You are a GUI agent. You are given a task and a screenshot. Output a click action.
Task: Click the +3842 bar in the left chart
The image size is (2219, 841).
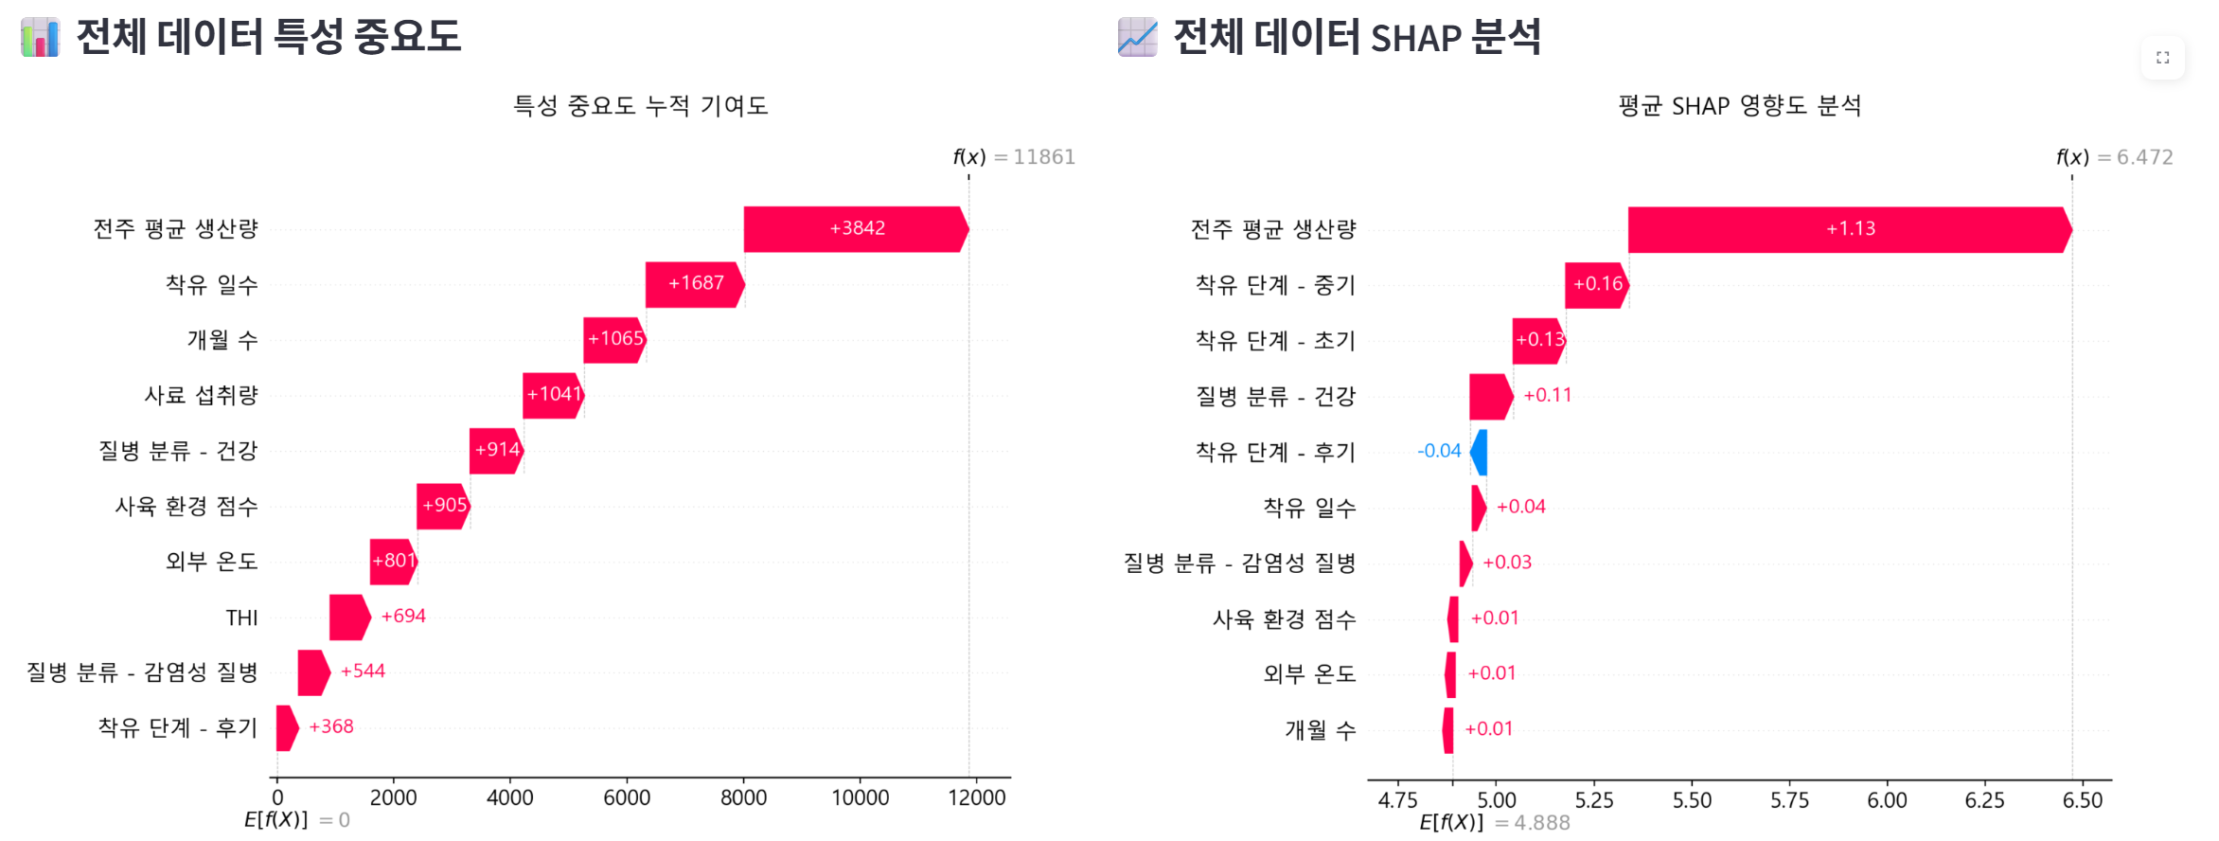(x=856, y=229)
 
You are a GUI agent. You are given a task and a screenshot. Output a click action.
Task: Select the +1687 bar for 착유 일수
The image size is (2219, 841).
(x=695, y=284)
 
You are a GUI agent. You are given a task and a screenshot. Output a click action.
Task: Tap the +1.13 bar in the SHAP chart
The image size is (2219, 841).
(x=1850, y=229)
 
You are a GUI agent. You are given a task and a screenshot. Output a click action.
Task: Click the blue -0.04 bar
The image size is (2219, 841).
(x=1479, y=452)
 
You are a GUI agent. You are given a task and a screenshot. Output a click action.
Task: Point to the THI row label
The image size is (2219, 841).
(x=241, y=617)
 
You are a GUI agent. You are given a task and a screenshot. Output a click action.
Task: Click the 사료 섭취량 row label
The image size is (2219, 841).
(x=201, y=395)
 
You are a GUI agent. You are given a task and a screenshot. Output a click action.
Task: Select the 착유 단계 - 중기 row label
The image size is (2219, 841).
(x=1275, y=284)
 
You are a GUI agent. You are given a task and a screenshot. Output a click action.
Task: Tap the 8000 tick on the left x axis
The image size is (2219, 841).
(x=743, y=797)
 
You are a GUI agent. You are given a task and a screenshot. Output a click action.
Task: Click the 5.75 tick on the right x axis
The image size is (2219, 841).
(x=1789, y=800)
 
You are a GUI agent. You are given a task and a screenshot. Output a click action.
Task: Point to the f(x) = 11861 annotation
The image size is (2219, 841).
(x=1014, y=157)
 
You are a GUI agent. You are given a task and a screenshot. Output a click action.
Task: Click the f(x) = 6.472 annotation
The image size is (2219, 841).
(x=2115, y=157)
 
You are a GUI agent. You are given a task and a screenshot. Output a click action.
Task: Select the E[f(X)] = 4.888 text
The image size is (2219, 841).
(x=1495, y=822)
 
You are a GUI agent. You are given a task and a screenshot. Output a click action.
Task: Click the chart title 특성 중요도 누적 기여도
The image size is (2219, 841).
(x=640, y=105)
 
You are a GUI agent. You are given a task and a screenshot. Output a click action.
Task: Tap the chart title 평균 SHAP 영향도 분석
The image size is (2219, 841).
(x=1740, y=105)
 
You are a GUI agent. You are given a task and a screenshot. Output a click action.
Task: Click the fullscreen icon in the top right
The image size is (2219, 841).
(x=2163, y=58)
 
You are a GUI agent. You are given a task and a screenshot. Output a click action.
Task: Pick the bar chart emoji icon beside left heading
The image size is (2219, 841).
(x=40, y=37)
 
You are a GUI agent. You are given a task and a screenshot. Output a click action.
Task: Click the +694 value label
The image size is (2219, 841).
(x=403, y=617)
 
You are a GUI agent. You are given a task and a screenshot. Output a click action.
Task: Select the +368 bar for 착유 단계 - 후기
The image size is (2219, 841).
(x=287, y=728)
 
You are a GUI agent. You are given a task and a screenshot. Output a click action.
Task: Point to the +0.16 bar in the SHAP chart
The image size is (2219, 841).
(x=1596, y=285)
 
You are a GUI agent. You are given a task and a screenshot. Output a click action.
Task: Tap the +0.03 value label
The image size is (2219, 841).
(x=1507, y=563)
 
